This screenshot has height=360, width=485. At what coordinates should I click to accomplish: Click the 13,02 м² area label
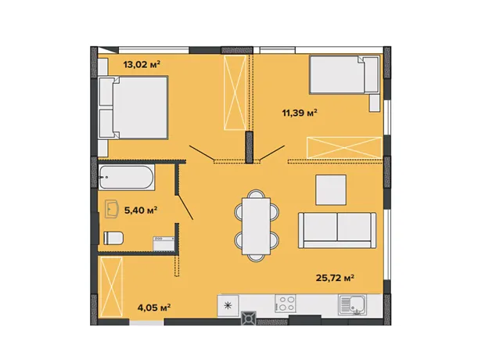(142, 64)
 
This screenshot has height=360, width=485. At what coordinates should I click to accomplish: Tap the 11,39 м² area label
(300, 113)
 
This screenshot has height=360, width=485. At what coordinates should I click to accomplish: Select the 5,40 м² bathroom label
(141, 211)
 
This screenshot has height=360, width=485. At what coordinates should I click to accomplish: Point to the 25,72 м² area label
(335, 278)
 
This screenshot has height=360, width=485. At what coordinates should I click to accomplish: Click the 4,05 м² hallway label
(154, 308)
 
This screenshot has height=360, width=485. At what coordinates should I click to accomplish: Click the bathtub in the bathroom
(126, 178)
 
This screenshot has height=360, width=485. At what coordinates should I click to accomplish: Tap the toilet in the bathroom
(113, 238)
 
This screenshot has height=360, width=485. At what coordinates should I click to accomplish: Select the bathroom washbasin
(112, 210)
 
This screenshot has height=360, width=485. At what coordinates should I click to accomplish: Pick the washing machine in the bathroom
(163, 243)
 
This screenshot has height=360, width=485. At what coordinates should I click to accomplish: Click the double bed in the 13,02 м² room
(133, 107)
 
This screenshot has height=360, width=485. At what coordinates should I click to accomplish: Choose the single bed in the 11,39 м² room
(344, 74)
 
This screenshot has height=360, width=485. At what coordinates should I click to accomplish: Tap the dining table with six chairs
(257, 226)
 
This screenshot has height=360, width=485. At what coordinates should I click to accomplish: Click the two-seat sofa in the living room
(337, 230)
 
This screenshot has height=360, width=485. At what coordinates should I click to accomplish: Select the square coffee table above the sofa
(331, 189)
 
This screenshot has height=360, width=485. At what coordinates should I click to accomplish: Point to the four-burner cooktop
(286, 303)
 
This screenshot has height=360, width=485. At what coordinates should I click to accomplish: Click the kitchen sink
(352, 304)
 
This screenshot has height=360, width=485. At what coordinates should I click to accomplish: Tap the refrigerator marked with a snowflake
(228, 306)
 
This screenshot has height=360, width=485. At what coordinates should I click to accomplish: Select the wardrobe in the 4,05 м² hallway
(111, 287)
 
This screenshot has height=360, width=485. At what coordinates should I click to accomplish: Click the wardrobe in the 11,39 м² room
(344, 148)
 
